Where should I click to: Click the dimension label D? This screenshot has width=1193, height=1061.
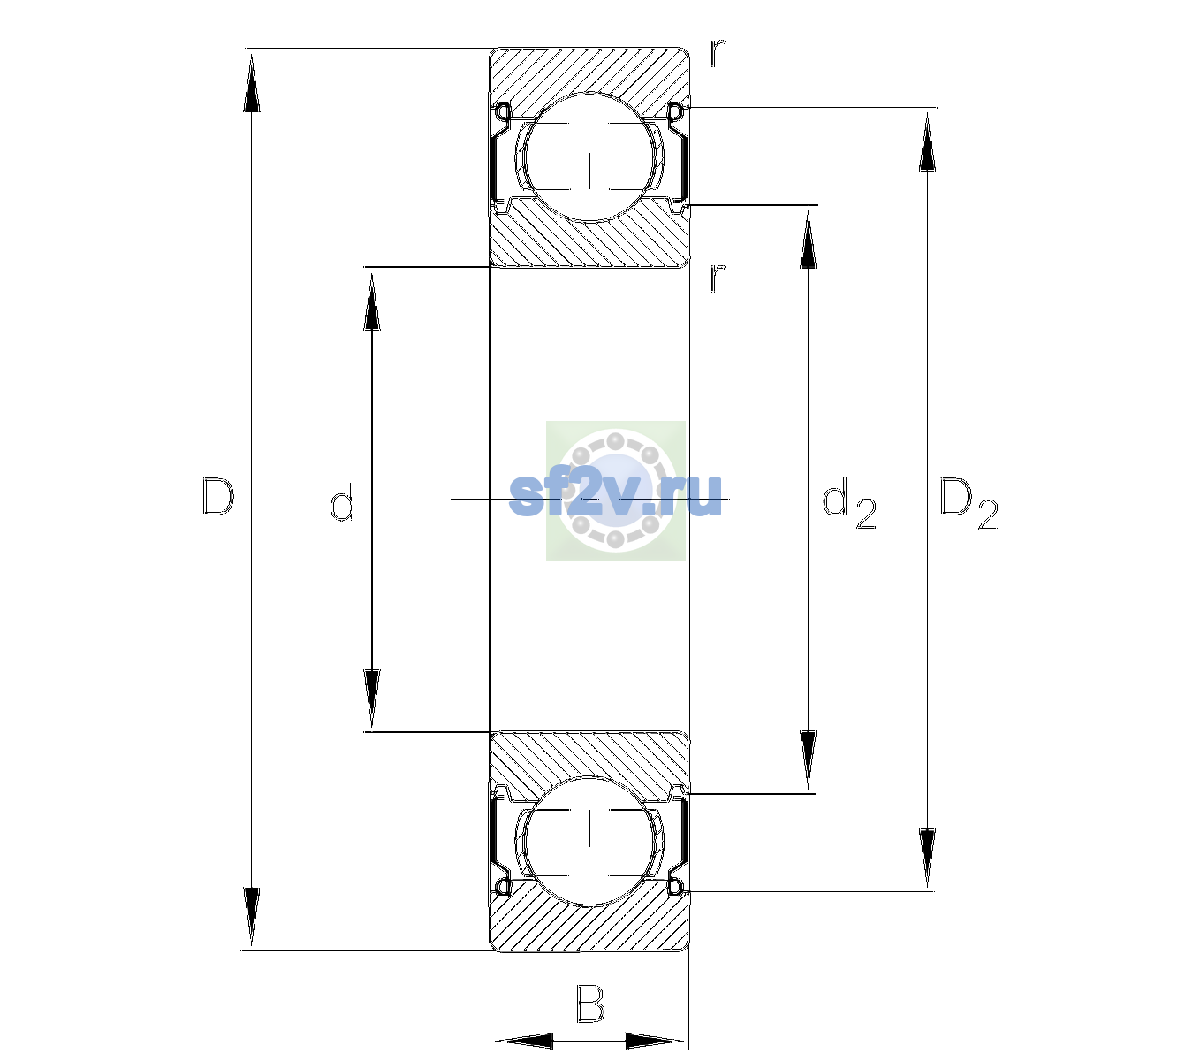[218, 497]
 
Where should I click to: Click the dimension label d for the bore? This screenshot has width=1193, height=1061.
[342, 502]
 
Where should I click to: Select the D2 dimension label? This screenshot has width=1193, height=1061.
[969, 504]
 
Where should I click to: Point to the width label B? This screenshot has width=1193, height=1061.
[590, 1004]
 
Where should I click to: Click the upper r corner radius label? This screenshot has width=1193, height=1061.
[718, 53]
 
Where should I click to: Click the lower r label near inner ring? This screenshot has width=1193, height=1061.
[718, 278]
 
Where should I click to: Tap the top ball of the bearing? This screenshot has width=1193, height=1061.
[589, 156]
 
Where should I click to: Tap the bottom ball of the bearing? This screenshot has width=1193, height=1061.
[589, 841]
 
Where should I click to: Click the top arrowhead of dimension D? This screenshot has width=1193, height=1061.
[252, 82]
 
